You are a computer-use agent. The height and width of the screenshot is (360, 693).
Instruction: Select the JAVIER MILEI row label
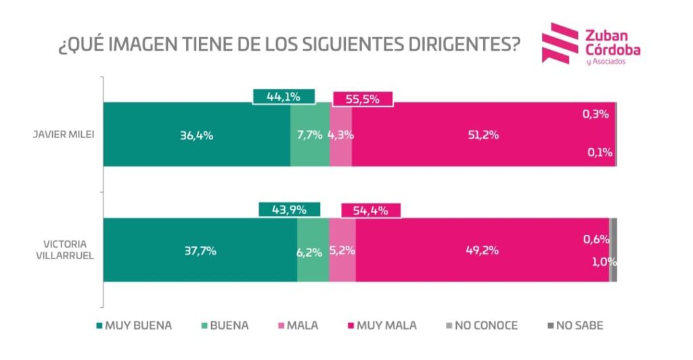tap(64, 134)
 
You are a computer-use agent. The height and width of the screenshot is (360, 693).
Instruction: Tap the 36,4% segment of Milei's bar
tap(197, 135)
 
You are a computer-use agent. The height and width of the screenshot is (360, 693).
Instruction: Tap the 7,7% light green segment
tap(310, 135)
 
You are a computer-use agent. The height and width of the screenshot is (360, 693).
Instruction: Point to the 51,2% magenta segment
tap(483, 135)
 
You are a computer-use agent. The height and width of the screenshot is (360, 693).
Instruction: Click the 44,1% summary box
tap(284, 97)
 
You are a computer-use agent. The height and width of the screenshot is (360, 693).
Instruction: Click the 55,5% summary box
tap(362, 99)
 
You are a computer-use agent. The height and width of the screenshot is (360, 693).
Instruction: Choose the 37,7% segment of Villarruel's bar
tap(200, 250)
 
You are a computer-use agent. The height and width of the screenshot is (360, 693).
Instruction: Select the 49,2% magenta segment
tap(482, 250)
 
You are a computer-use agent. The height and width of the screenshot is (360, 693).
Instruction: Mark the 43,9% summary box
tap(289, 210)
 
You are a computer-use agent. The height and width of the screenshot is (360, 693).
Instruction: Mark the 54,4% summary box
tap(371, 210)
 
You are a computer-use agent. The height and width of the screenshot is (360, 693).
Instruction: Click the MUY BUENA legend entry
tap(133, 325)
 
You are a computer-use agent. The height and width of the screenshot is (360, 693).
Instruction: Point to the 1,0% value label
tap(599, 262)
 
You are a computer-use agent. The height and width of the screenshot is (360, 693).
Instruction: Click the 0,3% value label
tap(596, 114)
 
